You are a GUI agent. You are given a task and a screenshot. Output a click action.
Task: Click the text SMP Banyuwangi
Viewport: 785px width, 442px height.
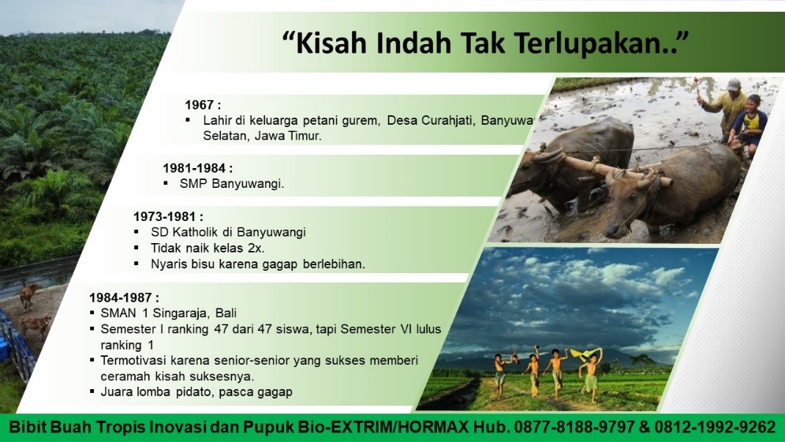coord(232,183)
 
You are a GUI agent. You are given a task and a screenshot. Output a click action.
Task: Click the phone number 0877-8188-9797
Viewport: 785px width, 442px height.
coord(574,427)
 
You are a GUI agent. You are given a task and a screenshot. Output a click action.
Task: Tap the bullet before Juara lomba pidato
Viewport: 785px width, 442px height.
coord(92,391)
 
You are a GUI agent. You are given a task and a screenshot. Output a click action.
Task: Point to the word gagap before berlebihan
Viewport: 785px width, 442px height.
coord(279,264)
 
